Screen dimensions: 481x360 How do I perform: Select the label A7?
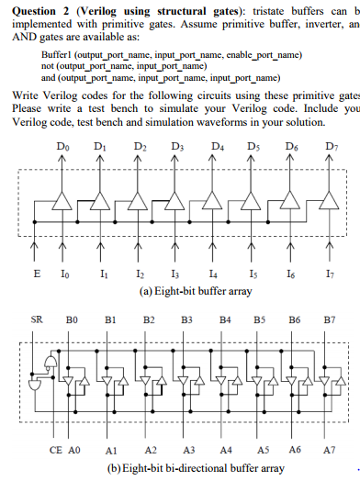(x=328, y=452)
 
